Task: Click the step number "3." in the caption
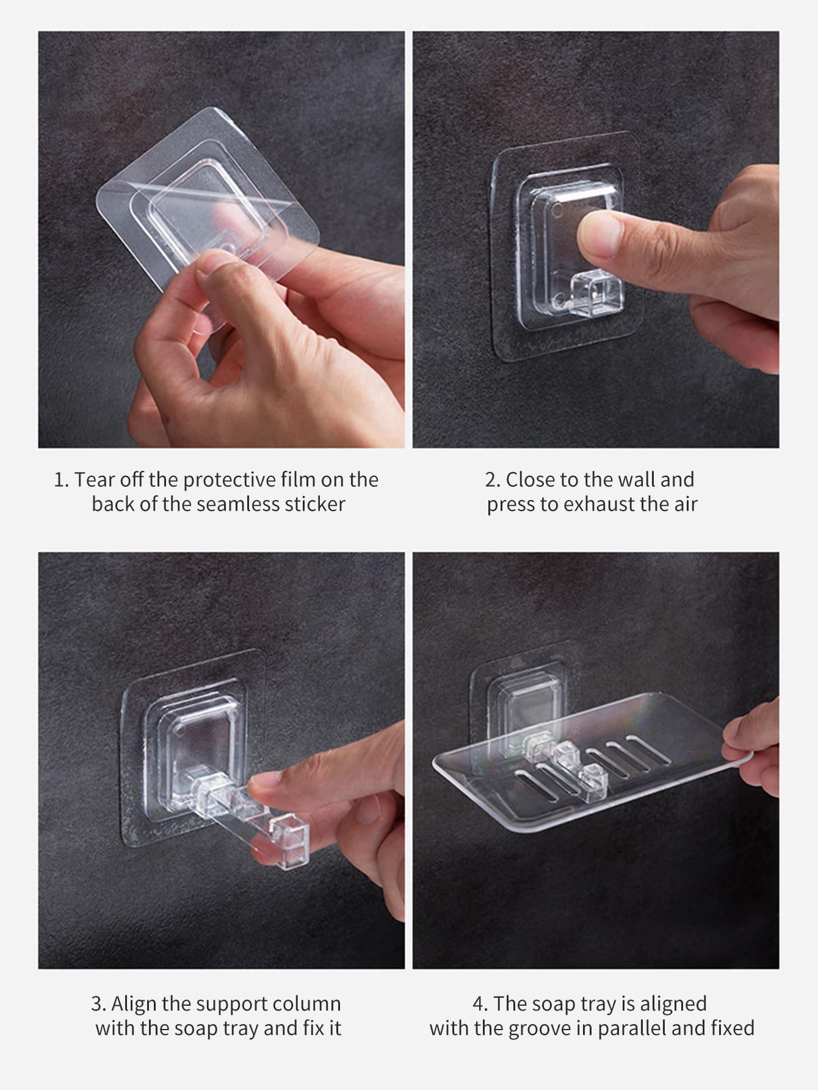pyautogui.click(x=98, y=1004)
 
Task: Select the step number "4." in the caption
pyautogui.click(x=480, y=1004)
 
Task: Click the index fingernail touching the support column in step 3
pyautogui.click(x=264, y=779)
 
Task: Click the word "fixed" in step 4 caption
pyautogui.click(x=733, y=1028)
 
